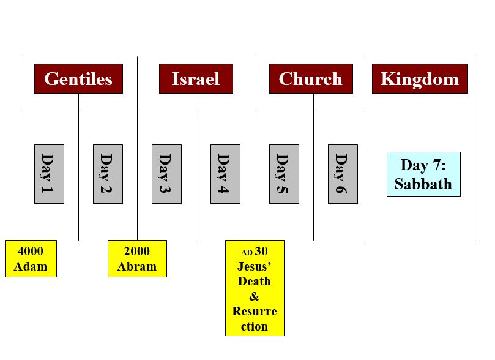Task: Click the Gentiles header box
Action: click(78, 78)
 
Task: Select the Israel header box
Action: click(196, 78)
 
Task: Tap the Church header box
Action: click(311, 78)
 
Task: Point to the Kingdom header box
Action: click(420, 78)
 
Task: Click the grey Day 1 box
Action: click(49, 174)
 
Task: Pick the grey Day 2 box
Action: click(108, 174)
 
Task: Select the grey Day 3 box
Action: click(166, 174)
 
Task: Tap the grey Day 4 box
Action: click(225, 174)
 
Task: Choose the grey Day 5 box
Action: click(284, 174)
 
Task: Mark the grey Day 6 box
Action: click(343, 174)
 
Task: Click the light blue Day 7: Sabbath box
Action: click(423, 174)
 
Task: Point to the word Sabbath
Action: click(423, 184)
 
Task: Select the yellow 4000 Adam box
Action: click(31, 258)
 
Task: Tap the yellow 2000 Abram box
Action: click(137, 258)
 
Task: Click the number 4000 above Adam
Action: click(31, 252)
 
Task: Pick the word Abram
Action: click(137, 266)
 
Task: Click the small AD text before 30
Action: click(247, 253)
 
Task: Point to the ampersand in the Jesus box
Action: click(254, 296)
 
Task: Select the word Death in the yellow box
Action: click(255, 282)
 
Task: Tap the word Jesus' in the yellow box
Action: click(254, 266)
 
